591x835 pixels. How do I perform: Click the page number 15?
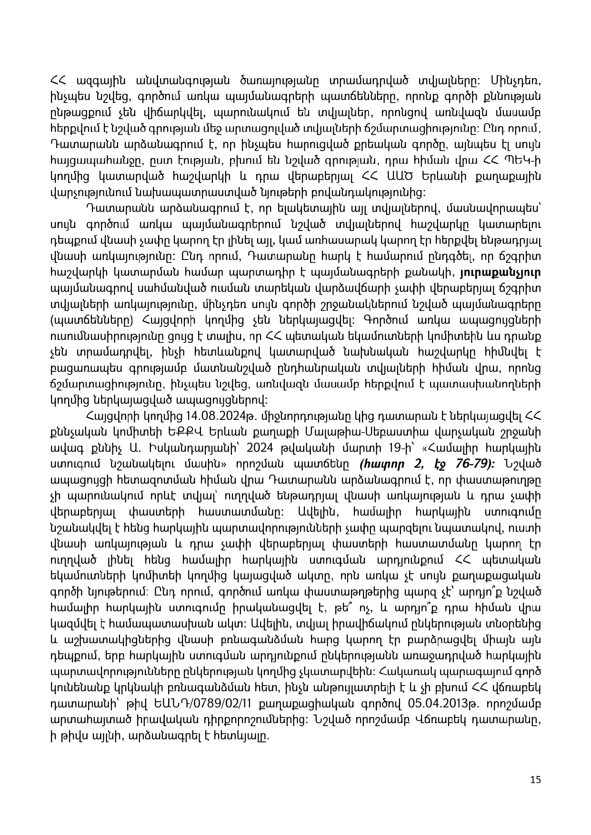pos(535,779)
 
